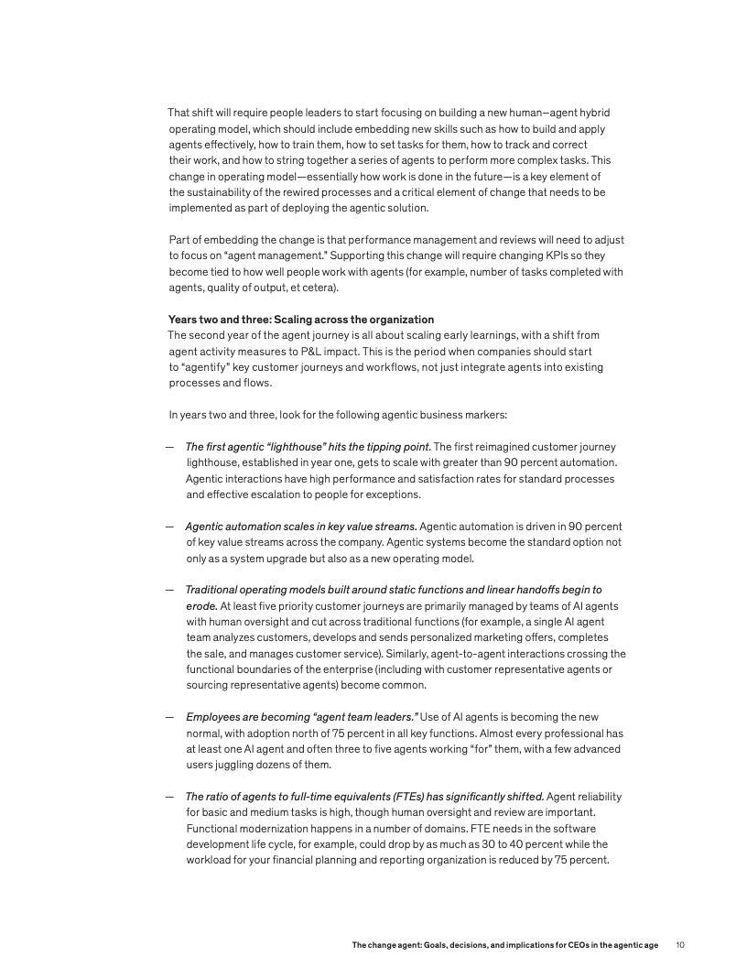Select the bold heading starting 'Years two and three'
pyautogui.click(x=301, y=320)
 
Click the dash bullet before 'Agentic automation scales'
pyautogui.click(x=170, y=527)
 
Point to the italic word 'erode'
pyautogui.click(x=201, y=605)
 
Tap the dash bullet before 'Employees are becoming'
pyautogui.click(x=170, y=717)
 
